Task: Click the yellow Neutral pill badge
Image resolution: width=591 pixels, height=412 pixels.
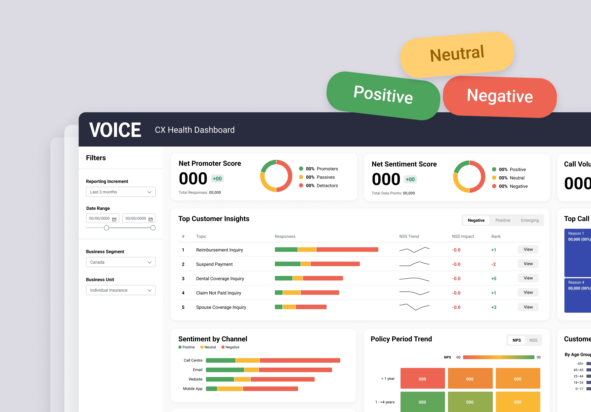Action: pos(457,54)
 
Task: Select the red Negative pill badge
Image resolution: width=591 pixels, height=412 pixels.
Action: pos(500,96)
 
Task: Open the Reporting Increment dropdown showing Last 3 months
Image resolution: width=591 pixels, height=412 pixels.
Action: pos(120,192)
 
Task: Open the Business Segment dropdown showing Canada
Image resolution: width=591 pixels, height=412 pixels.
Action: pos(120,262)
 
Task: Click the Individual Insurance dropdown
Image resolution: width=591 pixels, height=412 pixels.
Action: pos(120,290)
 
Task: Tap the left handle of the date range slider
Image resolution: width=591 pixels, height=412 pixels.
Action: pos(106,228)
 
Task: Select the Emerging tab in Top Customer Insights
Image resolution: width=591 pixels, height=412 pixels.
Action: pos(529,220)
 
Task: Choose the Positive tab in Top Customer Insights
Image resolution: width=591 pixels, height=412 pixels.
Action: pos(503,220)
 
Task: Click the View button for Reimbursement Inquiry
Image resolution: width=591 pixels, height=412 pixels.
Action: pos(528,249)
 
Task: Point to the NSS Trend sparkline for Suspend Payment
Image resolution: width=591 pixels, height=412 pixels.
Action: pos(414,264)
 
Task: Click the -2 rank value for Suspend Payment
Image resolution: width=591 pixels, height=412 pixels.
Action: pos(493,264)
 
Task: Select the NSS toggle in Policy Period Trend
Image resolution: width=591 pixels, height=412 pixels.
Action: pos(533,340)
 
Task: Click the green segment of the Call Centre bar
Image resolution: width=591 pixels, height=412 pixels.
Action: pos(221,360)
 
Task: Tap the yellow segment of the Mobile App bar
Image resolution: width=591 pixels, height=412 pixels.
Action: pos(230,389)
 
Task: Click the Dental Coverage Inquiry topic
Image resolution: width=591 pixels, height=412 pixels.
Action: pos(220,279)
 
